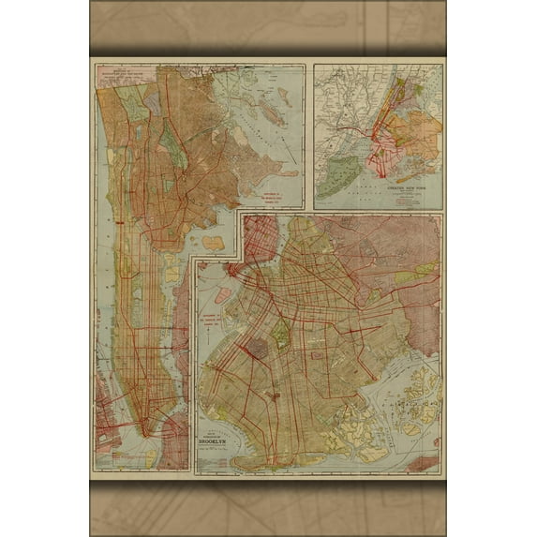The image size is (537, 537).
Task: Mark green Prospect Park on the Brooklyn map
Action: click(278, 333)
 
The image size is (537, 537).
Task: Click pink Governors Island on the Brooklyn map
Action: click(222, 296)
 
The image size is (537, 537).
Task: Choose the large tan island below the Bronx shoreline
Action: click(214, 243)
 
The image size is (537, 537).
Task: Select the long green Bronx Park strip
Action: click(172, 141)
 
